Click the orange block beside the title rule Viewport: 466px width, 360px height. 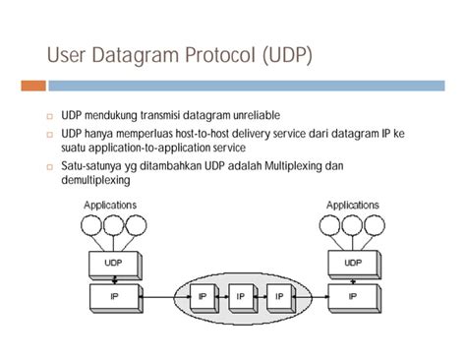click(32, 85)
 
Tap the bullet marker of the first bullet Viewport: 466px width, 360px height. click(49, 116)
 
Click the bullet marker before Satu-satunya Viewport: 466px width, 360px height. click(49, 166)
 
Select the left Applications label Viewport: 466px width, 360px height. click(110, 205)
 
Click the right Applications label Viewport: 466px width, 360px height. click(352, 205)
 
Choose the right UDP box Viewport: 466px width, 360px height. click(351, 263)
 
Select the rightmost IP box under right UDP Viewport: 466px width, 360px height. click(351, 294)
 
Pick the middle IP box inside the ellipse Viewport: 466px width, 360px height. click(241, 294)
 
